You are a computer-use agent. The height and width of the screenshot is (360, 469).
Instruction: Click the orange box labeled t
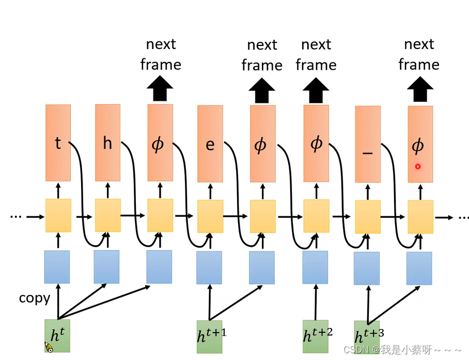(x=58, y=143)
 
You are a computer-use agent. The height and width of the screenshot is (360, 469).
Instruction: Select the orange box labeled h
(x=107, y=143)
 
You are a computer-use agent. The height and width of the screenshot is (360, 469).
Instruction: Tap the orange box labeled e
(x=210, y=144)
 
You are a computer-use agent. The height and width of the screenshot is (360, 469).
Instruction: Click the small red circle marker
(x=418, y=167)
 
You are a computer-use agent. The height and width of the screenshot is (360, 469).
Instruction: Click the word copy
(x=35, y=298)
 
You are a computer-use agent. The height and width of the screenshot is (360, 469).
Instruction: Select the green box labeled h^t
(x=57, y=336)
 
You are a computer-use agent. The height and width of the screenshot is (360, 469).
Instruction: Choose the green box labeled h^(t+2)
(x=315, y=336)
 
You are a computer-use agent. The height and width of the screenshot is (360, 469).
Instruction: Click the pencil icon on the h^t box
(x=49, y=347)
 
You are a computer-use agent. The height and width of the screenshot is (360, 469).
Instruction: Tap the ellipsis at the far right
(x=461, y=217)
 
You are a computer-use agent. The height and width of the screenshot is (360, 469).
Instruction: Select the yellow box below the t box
(x=58, y=215)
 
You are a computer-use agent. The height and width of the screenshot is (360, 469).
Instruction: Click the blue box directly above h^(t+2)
(x=315, y=268)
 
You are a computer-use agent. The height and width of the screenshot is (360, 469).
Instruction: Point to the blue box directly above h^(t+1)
(x=209, y=268)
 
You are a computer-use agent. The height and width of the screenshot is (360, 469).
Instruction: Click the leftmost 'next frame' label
(x=161, y=55)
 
